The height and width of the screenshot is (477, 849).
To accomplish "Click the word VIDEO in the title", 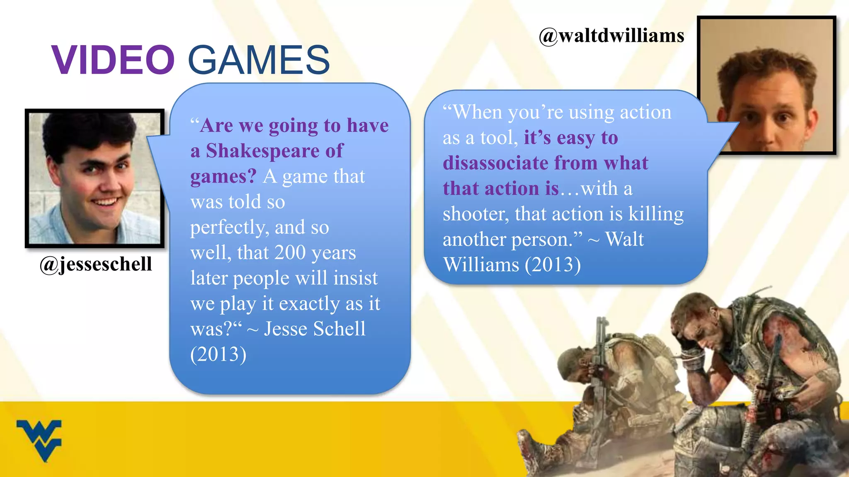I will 113,60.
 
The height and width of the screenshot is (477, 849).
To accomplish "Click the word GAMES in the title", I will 259,60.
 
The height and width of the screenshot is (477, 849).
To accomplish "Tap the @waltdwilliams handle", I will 611,36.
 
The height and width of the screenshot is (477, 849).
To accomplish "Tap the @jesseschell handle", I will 96,264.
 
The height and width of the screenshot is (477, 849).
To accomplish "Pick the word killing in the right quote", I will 656,214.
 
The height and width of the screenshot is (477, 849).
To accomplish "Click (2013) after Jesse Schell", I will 218,354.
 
